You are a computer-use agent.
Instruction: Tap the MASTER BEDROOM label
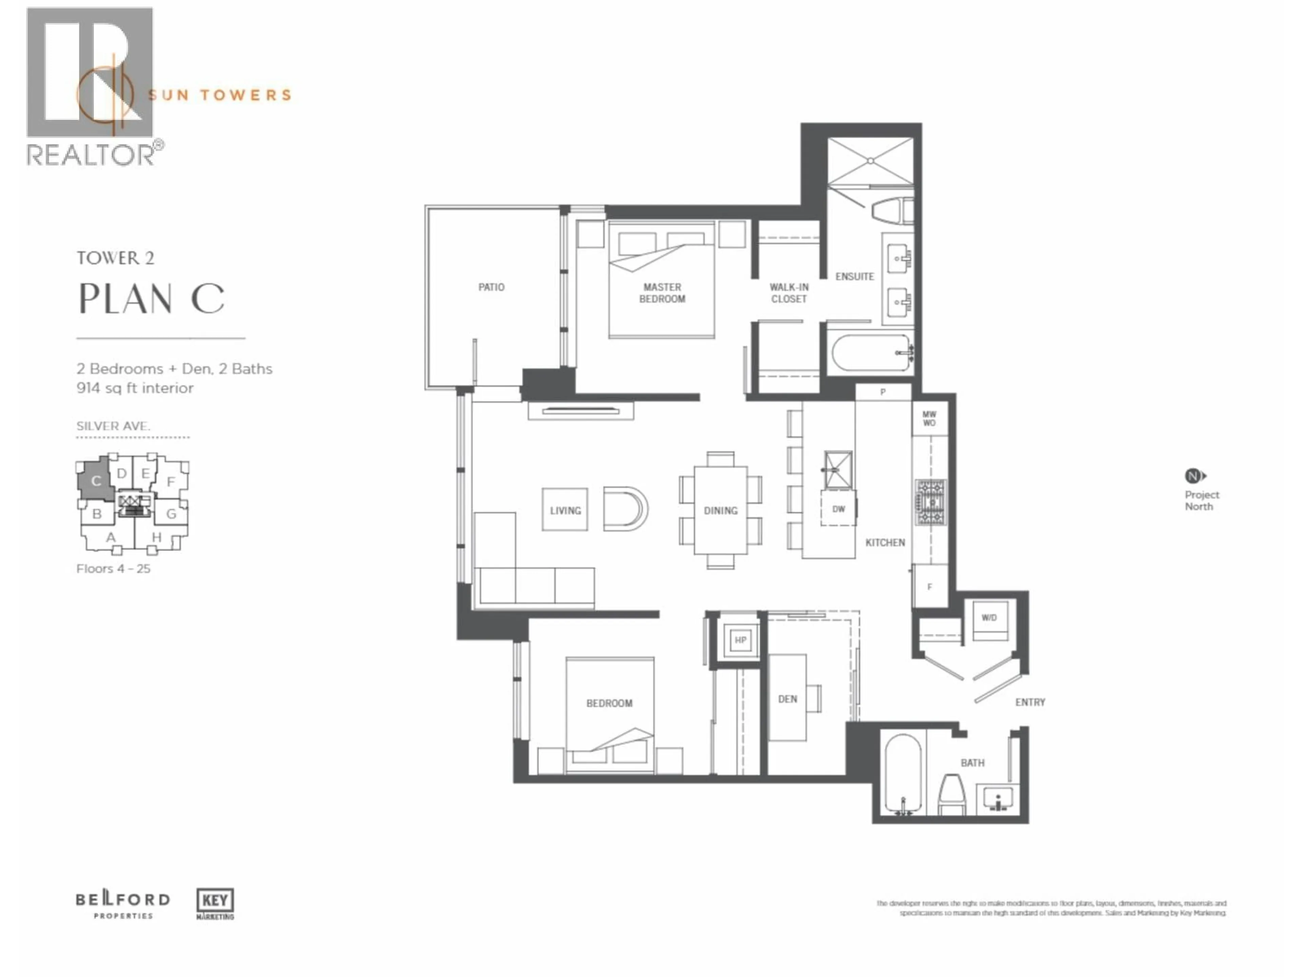[662, 293]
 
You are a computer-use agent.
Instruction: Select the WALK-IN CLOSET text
[788, 293]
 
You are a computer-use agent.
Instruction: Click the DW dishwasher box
[838, 509]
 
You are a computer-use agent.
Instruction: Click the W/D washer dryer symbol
[989, 618]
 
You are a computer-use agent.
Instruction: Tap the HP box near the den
[740, 640]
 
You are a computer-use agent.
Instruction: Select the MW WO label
[929, 419]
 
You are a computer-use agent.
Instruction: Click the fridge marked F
[929, 587]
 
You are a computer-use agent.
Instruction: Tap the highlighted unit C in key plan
[96, 481]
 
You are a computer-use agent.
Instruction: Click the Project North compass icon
[1193, 476]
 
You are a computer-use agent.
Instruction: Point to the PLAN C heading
[151, 299]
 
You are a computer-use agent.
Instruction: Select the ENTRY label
[1030, 702]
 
